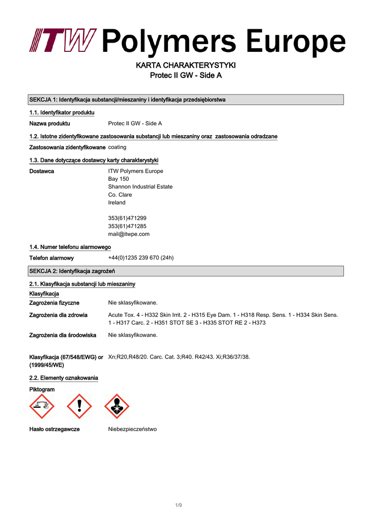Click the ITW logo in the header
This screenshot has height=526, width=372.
62,40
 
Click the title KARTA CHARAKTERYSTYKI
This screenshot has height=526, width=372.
185,65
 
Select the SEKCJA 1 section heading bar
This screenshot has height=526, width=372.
185,100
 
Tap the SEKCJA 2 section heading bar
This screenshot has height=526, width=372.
185,271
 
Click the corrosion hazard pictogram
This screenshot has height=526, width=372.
42,406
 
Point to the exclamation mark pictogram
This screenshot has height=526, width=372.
79,406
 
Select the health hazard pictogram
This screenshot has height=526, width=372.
117,406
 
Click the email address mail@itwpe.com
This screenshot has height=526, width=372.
128,234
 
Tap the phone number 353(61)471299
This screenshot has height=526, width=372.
127,218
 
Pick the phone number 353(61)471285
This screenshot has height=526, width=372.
127,226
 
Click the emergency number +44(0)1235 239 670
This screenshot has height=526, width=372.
141,258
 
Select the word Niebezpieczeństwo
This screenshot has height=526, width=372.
132,429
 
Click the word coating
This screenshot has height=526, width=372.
117,147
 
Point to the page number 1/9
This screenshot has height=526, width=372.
178,505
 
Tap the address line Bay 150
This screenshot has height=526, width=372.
118,179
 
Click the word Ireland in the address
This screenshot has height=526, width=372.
117,202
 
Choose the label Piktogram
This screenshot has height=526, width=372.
42,390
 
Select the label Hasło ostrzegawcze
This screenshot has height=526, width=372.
54,429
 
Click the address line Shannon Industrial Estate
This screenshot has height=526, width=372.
140,187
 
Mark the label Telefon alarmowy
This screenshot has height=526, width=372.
51,258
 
